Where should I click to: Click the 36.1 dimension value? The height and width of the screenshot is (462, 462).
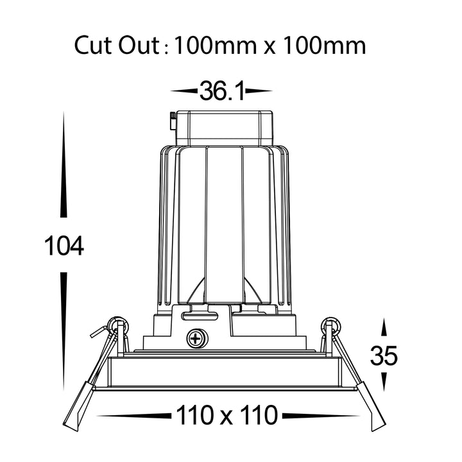[x=222, y=91]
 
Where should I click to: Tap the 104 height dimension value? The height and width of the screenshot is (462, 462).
[x=64, y=246]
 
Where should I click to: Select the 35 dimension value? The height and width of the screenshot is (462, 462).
[x=384, y=355]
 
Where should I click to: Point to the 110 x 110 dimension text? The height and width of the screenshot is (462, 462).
[x=227, y=415]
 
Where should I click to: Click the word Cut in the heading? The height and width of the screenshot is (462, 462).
[x=94, y=45]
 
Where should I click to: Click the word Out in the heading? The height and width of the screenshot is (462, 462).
[x=139, y=45]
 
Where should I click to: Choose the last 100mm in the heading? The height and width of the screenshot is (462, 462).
[x=324, y=46]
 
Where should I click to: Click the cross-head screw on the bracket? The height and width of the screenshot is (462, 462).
[x=198, y=338]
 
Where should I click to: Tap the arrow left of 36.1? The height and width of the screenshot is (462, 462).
[x=184, y=91]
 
